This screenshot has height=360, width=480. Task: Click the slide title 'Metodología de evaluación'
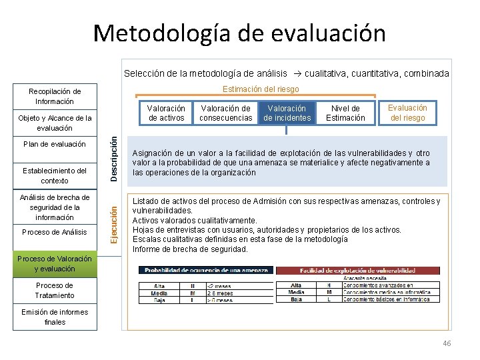239,33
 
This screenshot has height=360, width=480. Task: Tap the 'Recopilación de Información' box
55,97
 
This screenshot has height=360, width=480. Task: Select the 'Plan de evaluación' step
55,144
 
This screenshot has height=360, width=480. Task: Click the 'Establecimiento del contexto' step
55,175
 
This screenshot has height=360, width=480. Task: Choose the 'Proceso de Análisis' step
55,232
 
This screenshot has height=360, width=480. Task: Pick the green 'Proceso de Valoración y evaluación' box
55,264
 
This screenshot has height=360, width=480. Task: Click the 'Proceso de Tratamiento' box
55,291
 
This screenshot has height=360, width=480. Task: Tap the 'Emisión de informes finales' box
55,317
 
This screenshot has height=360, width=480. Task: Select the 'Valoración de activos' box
166,113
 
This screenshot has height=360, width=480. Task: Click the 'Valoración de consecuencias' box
226,113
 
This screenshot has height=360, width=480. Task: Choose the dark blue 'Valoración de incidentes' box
287,113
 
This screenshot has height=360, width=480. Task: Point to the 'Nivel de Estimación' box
345,113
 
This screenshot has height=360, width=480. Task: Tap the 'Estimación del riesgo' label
261,89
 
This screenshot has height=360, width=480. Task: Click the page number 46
447,343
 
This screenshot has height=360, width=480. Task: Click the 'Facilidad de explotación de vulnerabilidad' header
357,271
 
